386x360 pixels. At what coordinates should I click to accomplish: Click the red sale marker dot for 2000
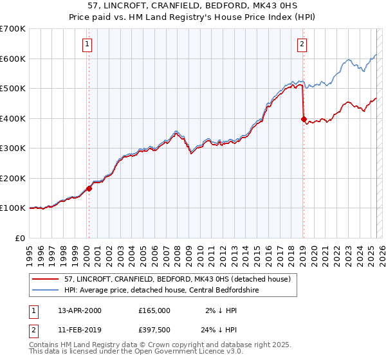[89, 188]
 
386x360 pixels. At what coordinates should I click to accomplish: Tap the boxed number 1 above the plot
[86, 44]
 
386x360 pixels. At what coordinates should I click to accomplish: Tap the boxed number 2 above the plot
[301, 44]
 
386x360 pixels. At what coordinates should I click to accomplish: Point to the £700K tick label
[14, 29]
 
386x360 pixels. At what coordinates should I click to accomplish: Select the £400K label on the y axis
[14, 118]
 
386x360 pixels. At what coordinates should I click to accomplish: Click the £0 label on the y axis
[21, 238]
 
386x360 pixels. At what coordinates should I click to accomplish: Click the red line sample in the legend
[46, 279]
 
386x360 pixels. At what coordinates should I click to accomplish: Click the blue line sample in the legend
[46, 290]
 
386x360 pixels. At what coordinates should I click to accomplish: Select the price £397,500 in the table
[154, 330]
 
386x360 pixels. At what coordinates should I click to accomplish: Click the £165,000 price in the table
[154, 310]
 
